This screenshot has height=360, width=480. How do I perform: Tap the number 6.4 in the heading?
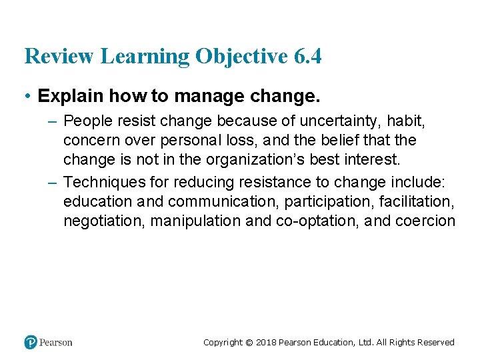307,57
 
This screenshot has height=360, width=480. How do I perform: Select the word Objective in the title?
242,57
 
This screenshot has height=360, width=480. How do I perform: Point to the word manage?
199,96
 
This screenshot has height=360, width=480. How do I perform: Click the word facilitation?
417,201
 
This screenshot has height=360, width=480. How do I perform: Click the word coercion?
426,220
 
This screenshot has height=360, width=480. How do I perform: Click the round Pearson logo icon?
31,342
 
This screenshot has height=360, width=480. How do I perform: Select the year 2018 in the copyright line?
265,343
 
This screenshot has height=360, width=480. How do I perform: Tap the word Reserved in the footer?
435,343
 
